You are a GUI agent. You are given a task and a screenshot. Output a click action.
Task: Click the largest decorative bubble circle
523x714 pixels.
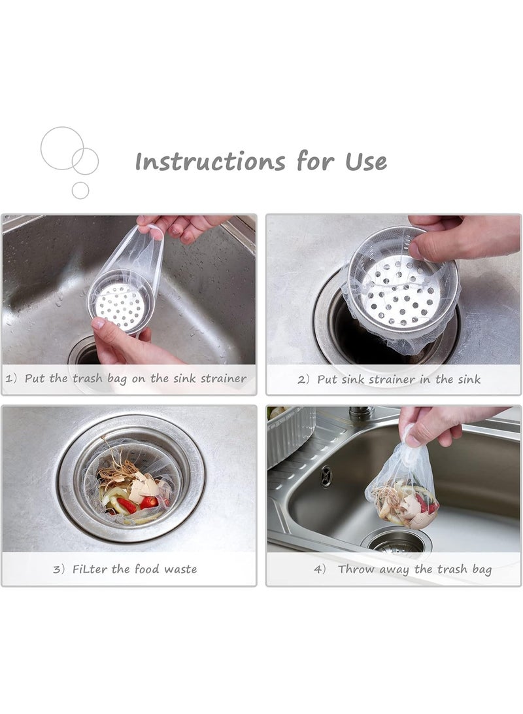[62, 149]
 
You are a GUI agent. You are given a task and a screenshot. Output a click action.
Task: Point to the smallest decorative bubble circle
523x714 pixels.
[80, 190]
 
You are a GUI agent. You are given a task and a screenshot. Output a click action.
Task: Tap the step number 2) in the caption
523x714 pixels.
[303, 380]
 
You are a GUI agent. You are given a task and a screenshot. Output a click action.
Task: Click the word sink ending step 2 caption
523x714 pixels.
[468, 379]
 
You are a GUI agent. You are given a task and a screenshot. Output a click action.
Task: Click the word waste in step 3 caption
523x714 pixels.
[179, 569]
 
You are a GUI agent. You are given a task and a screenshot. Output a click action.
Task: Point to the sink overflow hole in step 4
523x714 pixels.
[326, 476]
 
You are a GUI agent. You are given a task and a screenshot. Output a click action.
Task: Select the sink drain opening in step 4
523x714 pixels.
[396, 541]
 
